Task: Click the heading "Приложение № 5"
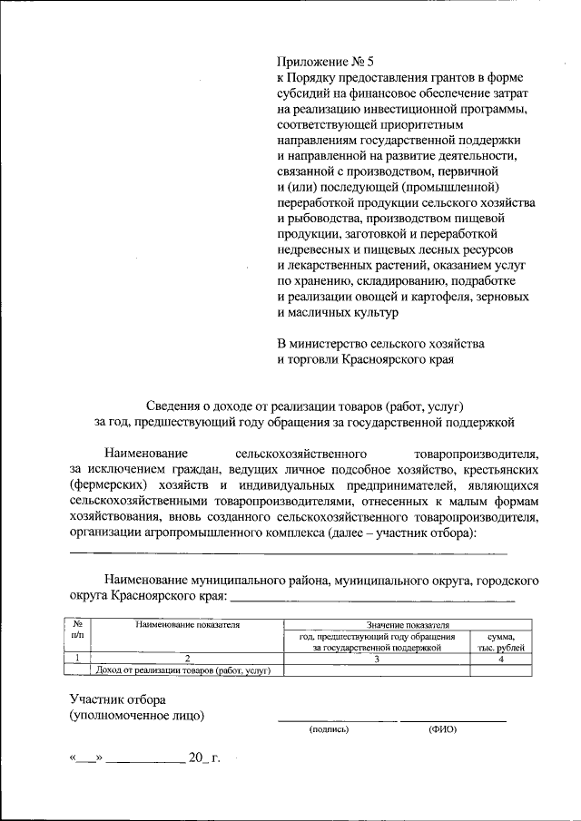click(325, 63)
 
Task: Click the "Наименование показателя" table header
click(187, 625)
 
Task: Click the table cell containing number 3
click(377, 659)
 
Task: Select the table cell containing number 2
click(187, 659)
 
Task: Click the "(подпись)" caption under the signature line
click(329, 728)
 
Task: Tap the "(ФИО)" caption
click(443, 728)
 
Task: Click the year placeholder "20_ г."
click(204, 757)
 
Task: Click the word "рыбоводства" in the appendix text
click(324, 219)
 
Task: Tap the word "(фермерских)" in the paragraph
click(108, 486)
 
